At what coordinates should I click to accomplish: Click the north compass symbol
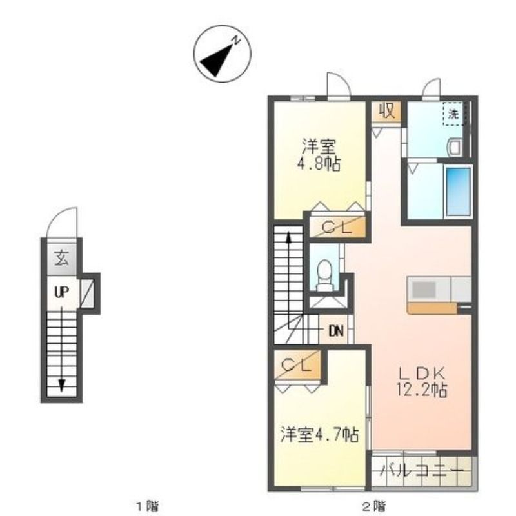pyautogui.click(x=222, y=54)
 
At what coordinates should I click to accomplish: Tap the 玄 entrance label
pyautogui.click(x=61, y=258)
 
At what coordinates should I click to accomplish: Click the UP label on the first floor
pyautogui.click(x=61, y=292)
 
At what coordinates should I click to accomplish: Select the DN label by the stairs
pyautogui.click(x=336, y=331)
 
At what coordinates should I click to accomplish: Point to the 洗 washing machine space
pyautogui.click(x=454, y=114)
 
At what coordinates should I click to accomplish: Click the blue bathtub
pyautogui.click(x=458, y=191)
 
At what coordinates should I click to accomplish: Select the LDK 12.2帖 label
pyautogui.click(x=422, y=381)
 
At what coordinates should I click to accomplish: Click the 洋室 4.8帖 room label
pyautogui.click(x=319, y=155)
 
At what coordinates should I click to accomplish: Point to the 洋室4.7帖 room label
pyautogui.click(x=319, y=434)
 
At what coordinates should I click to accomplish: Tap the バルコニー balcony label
pyautogui.click(x=422, y=470)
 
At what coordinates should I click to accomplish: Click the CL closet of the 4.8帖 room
pyautogui.click(x=337, y=228)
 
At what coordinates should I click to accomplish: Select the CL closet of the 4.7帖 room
pyautogui.click(x=298, y=365)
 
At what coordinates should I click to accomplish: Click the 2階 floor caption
pyautogui.click(x=373, y=504)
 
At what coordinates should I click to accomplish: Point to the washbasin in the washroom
pyautogui.click(x=455, y=146)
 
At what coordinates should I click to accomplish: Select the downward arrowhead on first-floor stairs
pyautogui.click(x=61, y=385)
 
